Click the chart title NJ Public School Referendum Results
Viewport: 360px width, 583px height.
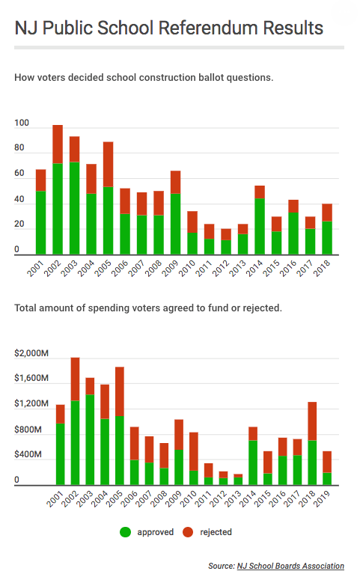[169, 28]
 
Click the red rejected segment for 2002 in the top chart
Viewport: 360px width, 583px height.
[58, 144]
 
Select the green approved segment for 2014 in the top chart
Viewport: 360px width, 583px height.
[260, 227]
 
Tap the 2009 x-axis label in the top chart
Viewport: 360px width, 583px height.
[170, 268]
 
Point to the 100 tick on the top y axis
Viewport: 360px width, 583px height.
[22, 123]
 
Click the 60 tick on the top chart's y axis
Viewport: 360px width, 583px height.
[19, 174]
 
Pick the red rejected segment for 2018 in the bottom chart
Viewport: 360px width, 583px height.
[312, 421]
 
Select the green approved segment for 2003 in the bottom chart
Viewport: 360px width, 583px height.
[90, 440]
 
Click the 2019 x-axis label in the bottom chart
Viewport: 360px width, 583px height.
[322, 498]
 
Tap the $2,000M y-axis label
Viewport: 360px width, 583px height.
[31, 353]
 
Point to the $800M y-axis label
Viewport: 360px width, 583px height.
[28, 430]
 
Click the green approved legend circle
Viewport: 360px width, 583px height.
[125, 532]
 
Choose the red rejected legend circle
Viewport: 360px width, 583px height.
[188, 532]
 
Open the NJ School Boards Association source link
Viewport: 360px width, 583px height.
[290, 566]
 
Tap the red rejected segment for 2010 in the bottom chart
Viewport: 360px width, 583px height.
[194, 452]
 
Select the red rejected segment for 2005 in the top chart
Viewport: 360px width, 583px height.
[109, 165]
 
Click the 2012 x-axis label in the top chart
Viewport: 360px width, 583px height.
[220, 268]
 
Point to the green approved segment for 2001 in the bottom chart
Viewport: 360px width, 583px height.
[60, 454]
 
